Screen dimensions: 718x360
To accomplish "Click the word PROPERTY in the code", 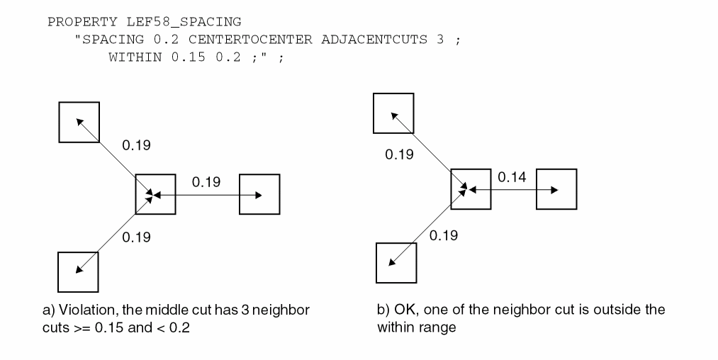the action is [x=82, y=21].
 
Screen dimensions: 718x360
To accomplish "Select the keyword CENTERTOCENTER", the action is [x=250, y=40].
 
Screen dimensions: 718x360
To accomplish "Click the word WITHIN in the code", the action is [x=135, y=57].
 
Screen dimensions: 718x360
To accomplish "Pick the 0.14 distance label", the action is [x=512, y=176].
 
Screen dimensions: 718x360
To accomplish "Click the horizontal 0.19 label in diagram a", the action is [x=206, y=182].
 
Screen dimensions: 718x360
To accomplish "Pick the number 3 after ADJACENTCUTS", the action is [x=440, y=40].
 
